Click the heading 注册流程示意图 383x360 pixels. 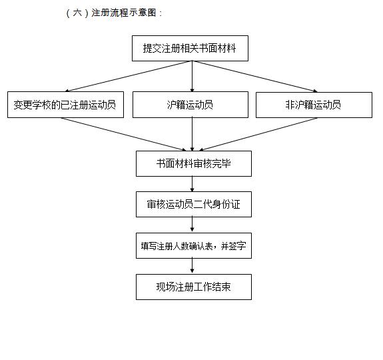124,13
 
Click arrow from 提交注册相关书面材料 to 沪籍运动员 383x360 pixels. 192,76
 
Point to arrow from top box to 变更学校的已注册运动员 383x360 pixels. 129,76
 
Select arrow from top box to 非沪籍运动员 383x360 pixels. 254,77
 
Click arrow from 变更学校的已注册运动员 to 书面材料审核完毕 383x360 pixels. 124,134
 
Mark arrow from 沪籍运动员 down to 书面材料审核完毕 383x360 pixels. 192,134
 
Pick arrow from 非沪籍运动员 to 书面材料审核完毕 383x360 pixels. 258,134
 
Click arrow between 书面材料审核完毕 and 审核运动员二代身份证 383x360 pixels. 192,184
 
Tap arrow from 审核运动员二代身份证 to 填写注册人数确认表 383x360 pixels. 192,225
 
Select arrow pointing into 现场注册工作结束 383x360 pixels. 192,266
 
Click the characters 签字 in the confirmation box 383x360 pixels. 238,246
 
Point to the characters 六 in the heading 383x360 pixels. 77,13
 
